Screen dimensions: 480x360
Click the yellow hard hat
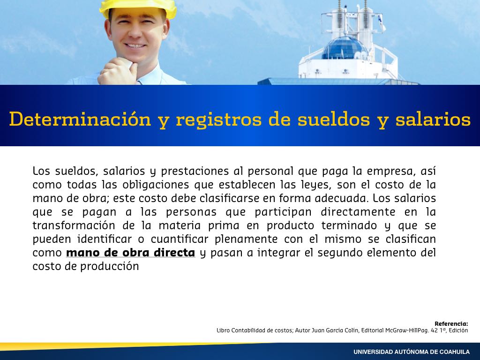coord(138,8)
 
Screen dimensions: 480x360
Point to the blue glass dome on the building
coord(345,49)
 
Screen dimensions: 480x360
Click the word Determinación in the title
coord(80,120)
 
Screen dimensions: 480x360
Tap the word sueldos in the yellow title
coord(334,119)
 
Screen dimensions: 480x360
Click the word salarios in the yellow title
coord(433,119)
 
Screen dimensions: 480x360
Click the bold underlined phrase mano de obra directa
coord(131,253)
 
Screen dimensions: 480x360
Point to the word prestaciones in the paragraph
coord(195,172)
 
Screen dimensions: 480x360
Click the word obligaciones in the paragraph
coord(156,185)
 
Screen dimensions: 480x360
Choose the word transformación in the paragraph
coord(74,225)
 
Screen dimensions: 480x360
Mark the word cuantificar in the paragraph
coord(180,239)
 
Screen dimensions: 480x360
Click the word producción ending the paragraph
coord(110,266)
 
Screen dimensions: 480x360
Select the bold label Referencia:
coord(451,323)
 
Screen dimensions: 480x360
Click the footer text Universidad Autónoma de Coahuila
coord(412,352)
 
